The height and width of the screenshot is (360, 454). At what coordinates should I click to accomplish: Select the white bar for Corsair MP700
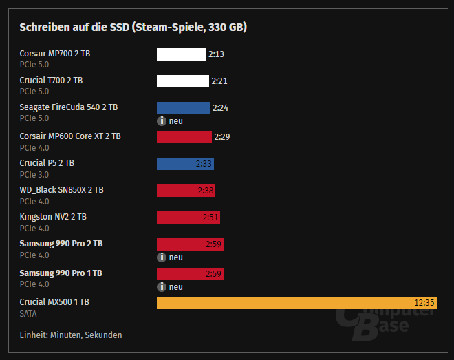[181, 54]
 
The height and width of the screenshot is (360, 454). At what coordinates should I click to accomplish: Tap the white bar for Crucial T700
[182, 81]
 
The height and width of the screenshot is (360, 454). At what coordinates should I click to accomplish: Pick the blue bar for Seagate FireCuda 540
[183, 108]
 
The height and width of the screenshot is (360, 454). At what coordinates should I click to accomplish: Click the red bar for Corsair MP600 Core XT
[184, 137]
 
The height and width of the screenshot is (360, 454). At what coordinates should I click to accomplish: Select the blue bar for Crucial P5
[185, 164]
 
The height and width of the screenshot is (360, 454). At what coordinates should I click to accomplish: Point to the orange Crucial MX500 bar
[296, 303]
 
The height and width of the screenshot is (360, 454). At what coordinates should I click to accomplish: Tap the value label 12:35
[424, 303]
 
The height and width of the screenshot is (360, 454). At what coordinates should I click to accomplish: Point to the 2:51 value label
[210, 218]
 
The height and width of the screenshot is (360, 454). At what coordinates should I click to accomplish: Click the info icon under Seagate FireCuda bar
[162, 121]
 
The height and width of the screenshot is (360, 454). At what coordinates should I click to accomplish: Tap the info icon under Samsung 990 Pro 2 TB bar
[162, 257]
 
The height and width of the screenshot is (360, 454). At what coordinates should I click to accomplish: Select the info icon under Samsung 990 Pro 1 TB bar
[162, 287]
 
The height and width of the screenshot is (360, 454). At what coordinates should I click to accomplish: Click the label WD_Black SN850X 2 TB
[61, 190]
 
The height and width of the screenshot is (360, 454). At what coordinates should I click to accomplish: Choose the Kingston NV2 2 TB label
[53, 217]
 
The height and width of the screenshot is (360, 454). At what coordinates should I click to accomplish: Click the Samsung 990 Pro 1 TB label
[61, 273]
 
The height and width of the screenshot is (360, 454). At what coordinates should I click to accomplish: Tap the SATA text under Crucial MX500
[28, 313]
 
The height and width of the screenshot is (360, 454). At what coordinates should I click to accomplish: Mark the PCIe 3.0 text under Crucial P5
[34, 174]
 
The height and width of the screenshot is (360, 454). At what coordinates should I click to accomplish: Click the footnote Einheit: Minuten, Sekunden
[71, 335]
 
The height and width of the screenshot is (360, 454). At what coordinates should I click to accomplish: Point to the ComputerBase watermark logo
[385, 322]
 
